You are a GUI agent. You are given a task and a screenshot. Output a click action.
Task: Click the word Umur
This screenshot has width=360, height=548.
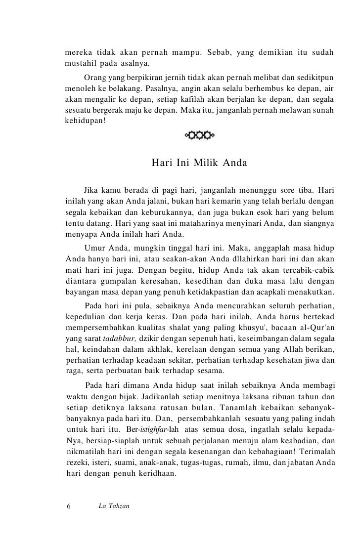tap(95, 247)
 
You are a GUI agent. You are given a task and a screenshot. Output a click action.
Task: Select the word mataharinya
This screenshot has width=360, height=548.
tap(196, 223)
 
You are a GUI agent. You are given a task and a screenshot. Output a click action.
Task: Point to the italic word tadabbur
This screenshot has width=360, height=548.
tap(119, 338)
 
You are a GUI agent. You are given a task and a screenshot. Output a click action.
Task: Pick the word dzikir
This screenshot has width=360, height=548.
tap(151, 338)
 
